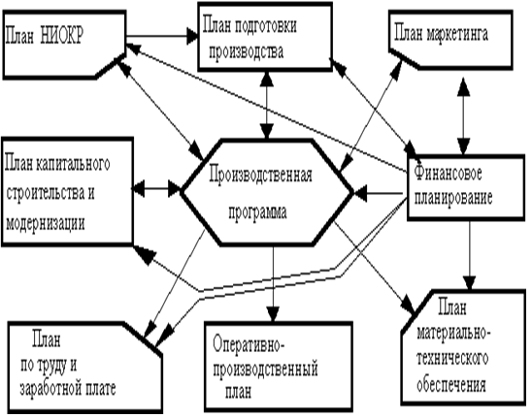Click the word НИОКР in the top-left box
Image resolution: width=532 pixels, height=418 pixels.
(x=62, y=36)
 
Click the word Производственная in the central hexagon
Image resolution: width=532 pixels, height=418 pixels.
(x=260, y=176)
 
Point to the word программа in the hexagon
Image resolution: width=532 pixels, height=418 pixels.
(x=257, y=212)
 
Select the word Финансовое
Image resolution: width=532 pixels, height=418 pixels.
(x=448, y=174)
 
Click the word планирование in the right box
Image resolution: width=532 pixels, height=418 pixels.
(x=453, y=198)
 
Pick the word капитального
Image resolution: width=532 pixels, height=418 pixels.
(x=72, y=164)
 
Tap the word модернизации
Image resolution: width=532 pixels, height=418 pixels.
(x=45, y=223)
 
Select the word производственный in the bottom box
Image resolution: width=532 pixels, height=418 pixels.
(x=265, y=370)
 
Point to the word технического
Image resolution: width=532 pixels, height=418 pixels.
(x=452, y=359)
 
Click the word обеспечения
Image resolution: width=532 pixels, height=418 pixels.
(x=450, y=384)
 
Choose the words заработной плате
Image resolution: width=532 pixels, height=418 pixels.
(x=68, y=388)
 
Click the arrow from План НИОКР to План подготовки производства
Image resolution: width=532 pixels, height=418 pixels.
(x=162, y=36)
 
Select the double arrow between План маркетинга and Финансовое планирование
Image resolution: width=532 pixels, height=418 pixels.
(x=463, y=116)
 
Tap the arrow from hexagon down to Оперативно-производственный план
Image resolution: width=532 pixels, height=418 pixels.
(x=273, y=283)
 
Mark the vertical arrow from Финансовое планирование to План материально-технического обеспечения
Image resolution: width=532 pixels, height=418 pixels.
(x=470, y=256)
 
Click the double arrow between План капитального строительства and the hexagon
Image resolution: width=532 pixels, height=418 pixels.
(x=156, y=189)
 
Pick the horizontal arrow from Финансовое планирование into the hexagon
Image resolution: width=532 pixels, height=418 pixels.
(x=379, y=194)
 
